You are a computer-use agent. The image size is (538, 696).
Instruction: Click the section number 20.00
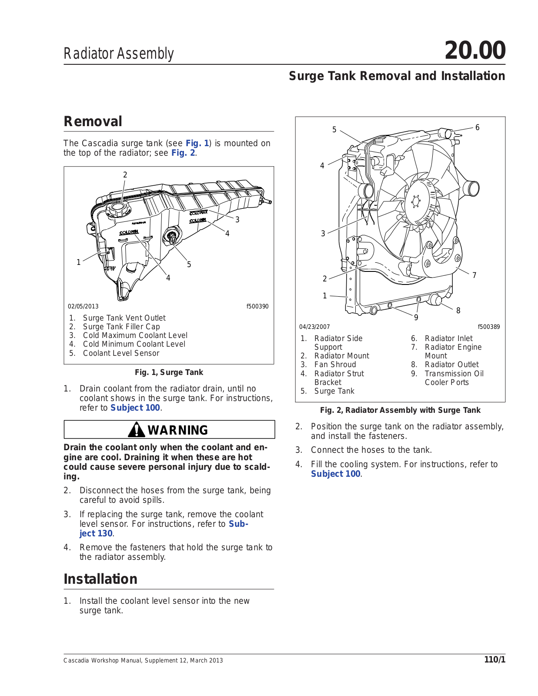pyautogui.click(x=475, y=50)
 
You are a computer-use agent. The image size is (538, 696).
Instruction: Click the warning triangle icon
pyautogui.click(x=136, y=430)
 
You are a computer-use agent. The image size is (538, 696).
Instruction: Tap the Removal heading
pyautogui.click(x=93, y=121)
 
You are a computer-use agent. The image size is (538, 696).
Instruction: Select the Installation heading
pyautogui.click(x=100, y=579)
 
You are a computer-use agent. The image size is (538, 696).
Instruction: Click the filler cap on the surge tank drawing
pyautogui.click(x=118, y=208)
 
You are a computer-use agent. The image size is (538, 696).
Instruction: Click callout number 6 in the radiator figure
pyautogui.click(x=477, y=127)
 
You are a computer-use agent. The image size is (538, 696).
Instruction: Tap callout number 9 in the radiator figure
pyautogui.click(x=416, y=318)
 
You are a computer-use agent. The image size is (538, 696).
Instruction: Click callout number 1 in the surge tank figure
pyautogui.click(x=79, y=262)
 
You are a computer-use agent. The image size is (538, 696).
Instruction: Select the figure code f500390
pyautogui.click(x=257, y=306)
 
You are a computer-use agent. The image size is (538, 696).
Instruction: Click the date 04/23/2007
pyautogui.click(x=314, y=327)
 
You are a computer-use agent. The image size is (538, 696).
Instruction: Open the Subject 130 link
pyautogui.click(x=96, y=533)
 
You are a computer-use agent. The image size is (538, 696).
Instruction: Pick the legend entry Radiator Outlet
pyautogui.click(x=451, y=365)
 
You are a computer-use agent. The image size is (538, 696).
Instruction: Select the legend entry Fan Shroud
pyautogui.click(x=335, y=365)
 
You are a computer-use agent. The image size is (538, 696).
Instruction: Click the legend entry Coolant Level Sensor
pyautogui.click(x=121, y=353)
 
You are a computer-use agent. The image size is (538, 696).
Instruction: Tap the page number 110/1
pyautogui.click(x=495, y=660)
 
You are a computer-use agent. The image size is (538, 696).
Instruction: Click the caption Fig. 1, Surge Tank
pyautogui.click(x=169, y=372)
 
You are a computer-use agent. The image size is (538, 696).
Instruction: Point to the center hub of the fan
pyautogui.click(x=415, y=201)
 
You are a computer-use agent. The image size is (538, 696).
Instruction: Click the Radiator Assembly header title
pyautogui.click(x=119, y=54)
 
